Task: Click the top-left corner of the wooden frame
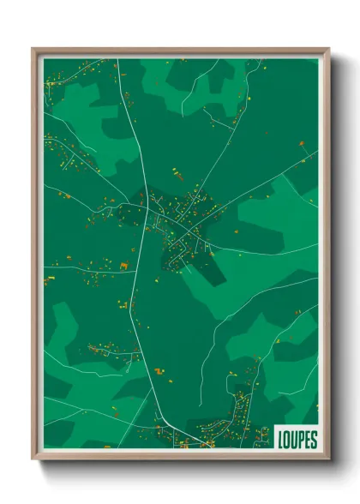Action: pos(33,49)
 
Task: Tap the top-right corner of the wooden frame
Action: pos(328,49)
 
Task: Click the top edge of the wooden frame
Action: pos(180,51)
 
